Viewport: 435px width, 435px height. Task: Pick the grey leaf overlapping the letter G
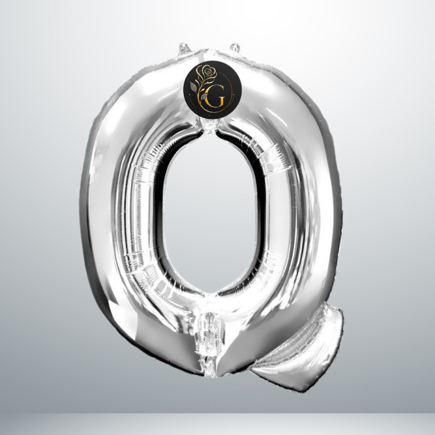coord(204,96)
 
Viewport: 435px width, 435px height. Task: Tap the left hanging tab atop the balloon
coord(185,49)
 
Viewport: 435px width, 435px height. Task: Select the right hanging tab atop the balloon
coord(235,47)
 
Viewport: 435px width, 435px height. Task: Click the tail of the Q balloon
coord(300,349)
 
